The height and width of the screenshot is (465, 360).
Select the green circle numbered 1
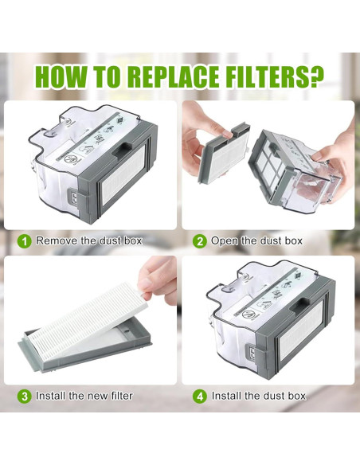[x=25, y=240]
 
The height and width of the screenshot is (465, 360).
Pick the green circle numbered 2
[x=201, y=240]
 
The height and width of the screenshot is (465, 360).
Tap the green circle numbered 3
[x=25, y=395]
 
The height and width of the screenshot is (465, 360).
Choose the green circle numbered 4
[x=201, y=395]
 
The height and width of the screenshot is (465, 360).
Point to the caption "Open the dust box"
[x=256, y=240]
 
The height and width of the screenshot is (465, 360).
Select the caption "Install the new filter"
[x=84, y=395]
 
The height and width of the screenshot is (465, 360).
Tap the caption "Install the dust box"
[x=259, y=395]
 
